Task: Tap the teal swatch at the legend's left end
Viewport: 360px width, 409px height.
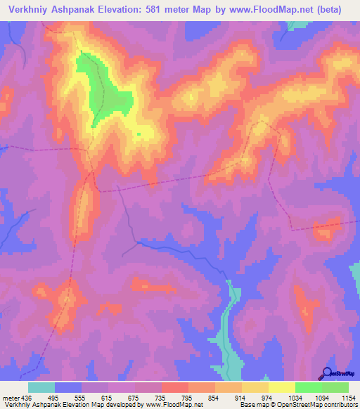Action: (x=41, y=387)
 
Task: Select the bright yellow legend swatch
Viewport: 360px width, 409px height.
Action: (x=282, y=387)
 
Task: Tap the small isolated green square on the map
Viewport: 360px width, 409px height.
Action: (x=139, y=134)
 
